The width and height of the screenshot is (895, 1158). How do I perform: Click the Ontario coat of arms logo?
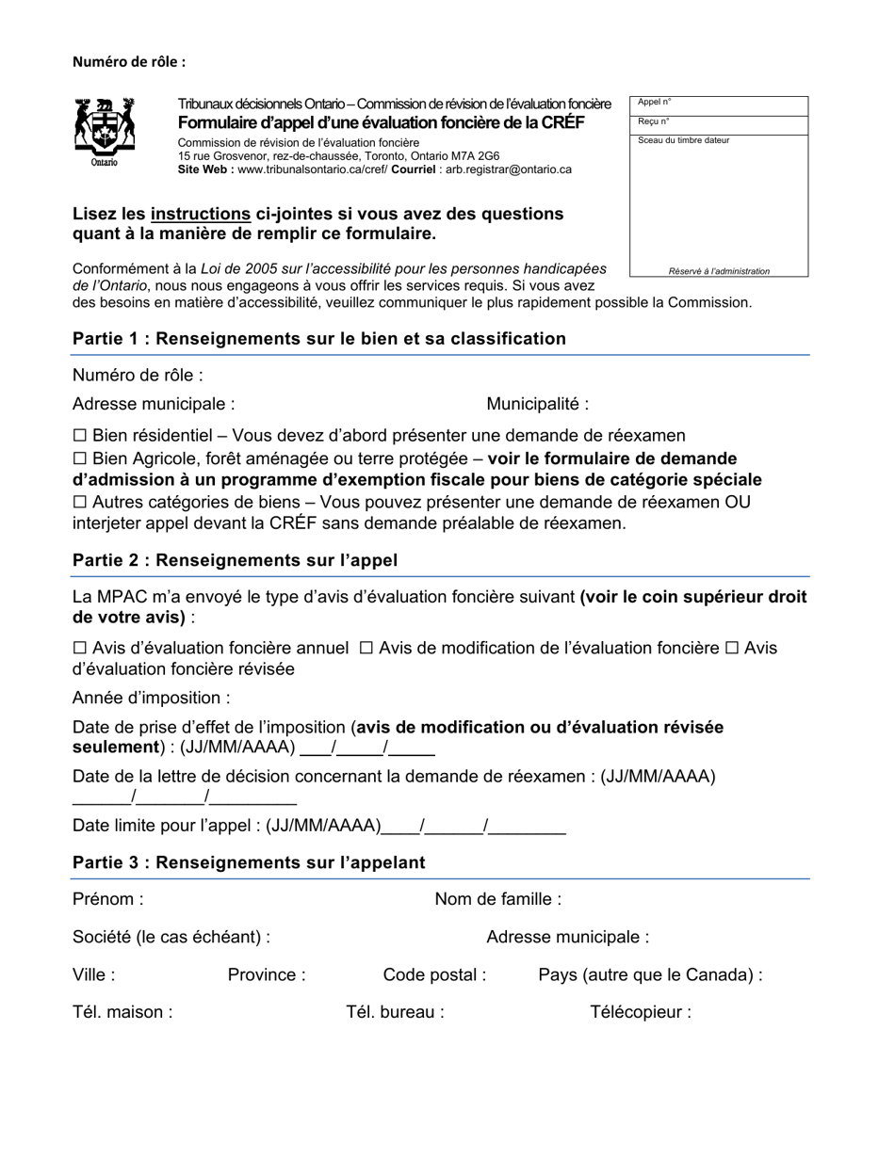(x=105, y=131)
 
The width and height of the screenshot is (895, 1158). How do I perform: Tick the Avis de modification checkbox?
(x=366, y=648)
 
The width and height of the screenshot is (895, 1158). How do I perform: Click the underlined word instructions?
(x=200, y=214)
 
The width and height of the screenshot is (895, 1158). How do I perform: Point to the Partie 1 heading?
(x=318, y=339)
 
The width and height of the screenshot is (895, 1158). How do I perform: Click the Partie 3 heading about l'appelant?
(x=249, y=862)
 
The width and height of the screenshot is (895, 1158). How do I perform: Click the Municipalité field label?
(x=537, y=404)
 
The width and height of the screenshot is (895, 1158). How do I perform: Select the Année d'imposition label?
(x=151, y=698)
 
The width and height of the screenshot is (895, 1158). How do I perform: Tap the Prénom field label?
(x=107, y=899)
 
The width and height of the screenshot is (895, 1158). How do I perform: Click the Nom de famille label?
(x=497, y=899)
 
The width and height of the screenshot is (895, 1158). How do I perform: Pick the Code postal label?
(x=434, y=974)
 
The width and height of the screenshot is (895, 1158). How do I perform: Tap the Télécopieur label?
(x=641, y=1012)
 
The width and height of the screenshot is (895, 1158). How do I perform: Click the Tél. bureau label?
(x=395, y=1012)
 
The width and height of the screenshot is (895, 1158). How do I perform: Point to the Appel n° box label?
(x=655, y=103)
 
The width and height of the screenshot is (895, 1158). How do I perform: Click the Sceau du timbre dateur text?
(x=683, y=140)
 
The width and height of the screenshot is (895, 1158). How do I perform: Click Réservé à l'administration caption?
(x=719, y=271)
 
